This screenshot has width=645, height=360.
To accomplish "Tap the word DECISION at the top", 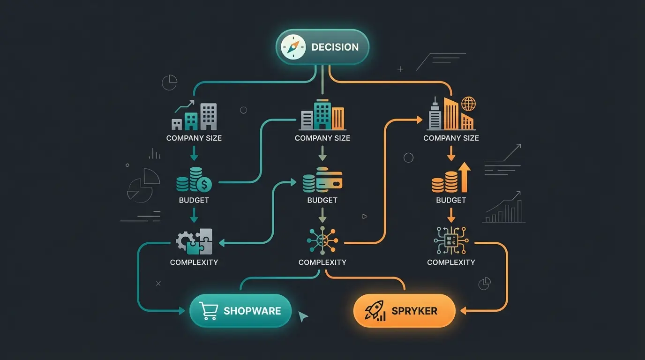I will pyautogui.click(x=335, y=47).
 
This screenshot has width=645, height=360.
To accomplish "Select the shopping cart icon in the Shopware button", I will pyautogui.click(x=208, y=311).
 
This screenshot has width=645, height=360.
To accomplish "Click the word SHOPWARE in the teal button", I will pyautogui.click(x=252, y=311).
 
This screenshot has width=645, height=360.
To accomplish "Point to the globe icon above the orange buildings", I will pyautogui.click(x=468, y=103).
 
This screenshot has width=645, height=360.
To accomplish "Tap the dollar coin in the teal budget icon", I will pyautogui.click(x=204, y=184).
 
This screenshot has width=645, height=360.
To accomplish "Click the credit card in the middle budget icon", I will pyautogui.click(x=329, y=180).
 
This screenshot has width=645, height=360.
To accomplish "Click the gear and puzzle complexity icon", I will pyautogui.click(x=194, y=241).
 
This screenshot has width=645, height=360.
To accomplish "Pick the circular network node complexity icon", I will pyautogui.click(x=322, y=241).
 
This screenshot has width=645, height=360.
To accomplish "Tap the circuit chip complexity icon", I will pyautogui.click(x=450, y=241).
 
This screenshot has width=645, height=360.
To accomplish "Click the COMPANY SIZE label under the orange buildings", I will pyautogui.click(x=451, y=138).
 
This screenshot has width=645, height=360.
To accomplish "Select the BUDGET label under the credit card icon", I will pyautogui.click(x=322, y=200).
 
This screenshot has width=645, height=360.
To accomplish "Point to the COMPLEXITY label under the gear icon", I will pyautogui.click(x=194, y=262).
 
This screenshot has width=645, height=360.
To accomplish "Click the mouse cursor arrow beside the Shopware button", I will pyautogui.click(x=303, y=317).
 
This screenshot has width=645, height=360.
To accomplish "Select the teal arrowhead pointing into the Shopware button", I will pyautogui.click(x=182, y=311).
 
